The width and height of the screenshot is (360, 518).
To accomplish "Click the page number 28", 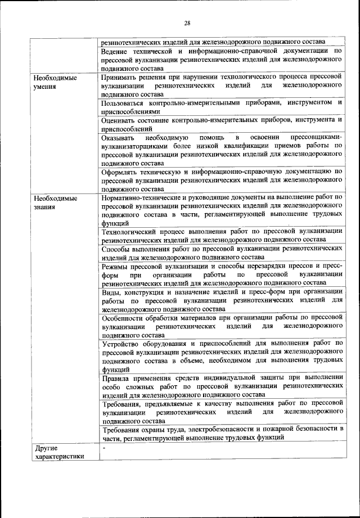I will tap(187, 22).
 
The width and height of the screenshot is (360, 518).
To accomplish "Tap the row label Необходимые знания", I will tap(55, 202).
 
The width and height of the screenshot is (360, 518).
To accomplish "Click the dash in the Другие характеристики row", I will tap(104, 448).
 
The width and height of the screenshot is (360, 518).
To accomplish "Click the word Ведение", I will tap(117, 51).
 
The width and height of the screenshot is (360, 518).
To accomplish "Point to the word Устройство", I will tap(123, 343).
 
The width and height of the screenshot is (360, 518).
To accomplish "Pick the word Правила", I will tap(119, 378).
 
